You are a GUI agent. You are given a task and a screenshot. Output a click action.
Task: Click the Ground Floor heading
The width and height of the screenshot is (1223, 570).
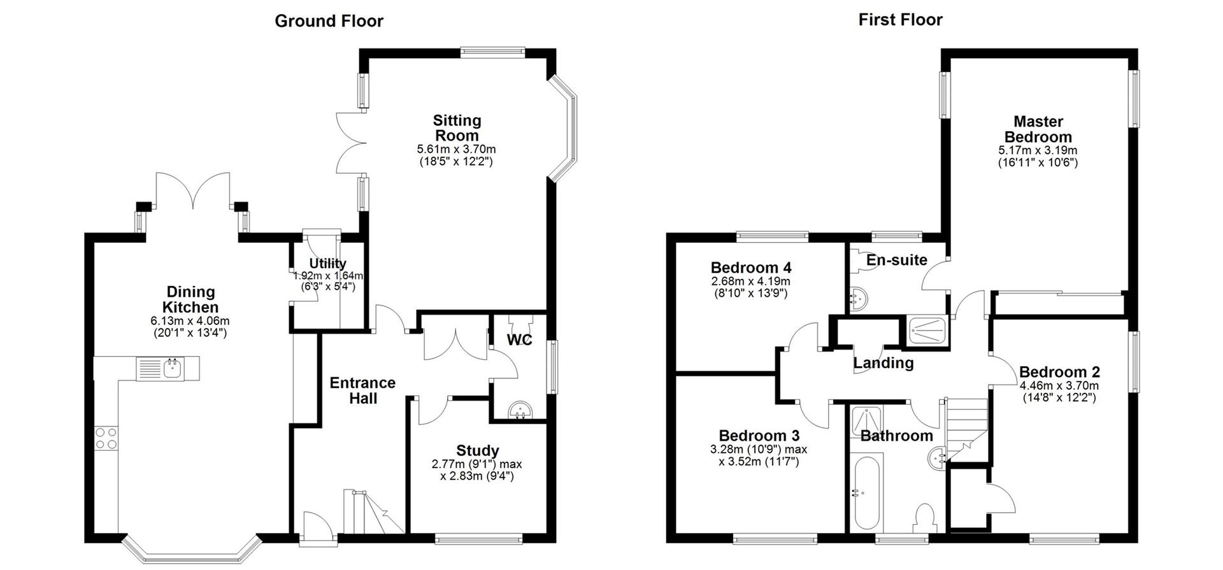329,21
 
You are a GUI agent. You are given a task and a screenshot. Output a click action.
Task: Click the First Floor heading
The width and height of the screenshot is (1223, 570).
900,20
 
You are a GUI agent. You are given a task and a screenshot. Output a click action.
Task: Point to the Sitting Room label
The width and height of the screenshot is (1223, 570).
457,127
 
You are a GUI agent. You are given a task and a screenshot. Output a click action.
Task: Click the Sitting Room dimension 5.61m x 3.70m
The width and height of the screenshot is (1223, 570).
456,150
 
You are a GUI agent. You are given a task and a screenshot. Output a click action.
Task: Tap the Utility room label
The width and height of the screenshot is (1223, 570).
327,263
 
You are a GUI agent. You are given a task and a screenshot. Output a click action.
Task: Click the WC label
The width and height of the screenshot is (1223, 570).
519,340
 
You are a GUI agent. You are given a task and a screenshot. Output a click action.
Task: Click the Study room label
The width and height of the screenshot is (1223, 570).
477,451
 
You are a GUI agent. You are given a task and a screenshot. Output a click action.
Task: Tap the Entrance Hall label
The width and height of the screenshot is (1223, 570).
362,390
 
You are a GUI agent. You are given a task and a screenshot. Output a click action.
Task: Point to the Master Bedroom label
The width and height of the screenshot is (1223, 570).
1038,129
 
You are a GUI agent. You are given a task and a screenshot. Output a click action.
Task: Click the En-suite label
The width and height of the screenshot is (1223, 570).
896,260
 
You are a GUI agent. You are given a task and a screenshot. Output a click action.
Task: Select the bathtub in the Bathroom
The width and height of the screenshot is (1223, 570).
866,492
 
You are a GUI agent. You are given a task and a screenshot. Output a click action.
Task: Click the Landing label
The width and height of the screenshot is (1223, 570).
883,363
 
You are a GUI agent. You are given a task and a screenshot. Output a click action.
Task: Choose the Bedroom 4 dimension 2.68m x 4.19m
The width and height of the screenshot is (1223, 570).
750,281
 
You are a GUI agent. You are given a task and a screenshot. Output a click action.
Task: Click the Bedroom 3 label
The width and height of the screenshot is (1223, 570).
759,436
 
